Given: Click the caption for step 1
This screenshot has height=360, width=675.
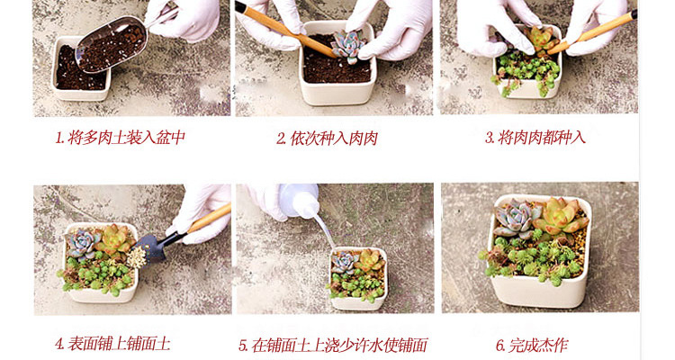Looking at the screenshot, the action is point(121,138).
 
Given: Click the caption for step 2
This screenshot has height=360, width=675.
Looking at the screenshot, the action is point(328,139).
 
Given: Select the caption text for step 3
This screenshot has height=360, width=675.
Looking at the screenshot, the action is point(535,138).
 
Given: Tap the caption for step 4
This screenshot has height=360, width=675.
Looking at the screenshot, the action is point(112,344).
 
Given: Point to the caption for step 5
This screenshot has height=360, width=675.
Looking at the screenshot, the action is point(333,346).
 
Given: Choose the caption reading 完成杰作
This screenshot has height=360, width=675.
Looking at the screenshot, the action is point(532,345).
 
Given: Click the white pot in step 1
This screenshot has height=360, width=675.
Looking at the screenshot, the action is point(81,69).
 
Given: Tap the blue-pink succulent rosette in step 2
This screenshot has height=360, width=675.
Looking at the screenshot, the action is point(347,47).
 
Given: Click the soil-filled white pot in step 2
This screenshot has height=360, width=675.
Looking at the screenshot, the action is point(337,65).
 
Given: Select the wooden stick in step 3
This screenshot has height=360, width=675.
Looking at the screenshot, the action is point(592,32).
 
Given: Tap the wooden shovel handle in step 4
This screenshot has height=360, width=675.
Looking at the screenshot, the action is point(208,219).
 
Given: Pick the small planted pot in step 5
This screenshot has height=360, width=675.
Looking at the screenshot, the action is point(358,279).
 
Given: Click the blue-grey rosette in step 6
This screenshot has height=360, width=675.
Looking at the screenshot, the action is point(516,218).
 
